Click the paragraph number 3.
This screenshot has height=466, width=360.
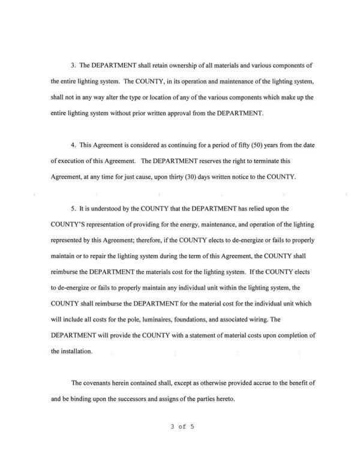point(73,65)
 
